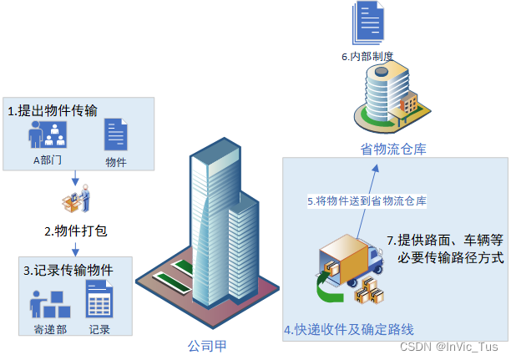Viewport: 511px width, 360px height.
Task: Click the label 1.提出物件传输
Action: pos(53,110)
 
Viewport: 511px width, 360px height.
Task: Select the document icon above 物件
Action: pos(116,135)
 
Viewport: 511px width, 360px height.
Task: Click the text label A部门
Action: pos(48,160)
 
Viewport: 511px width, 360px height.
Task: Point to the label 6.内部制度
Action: pos(367,57)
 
